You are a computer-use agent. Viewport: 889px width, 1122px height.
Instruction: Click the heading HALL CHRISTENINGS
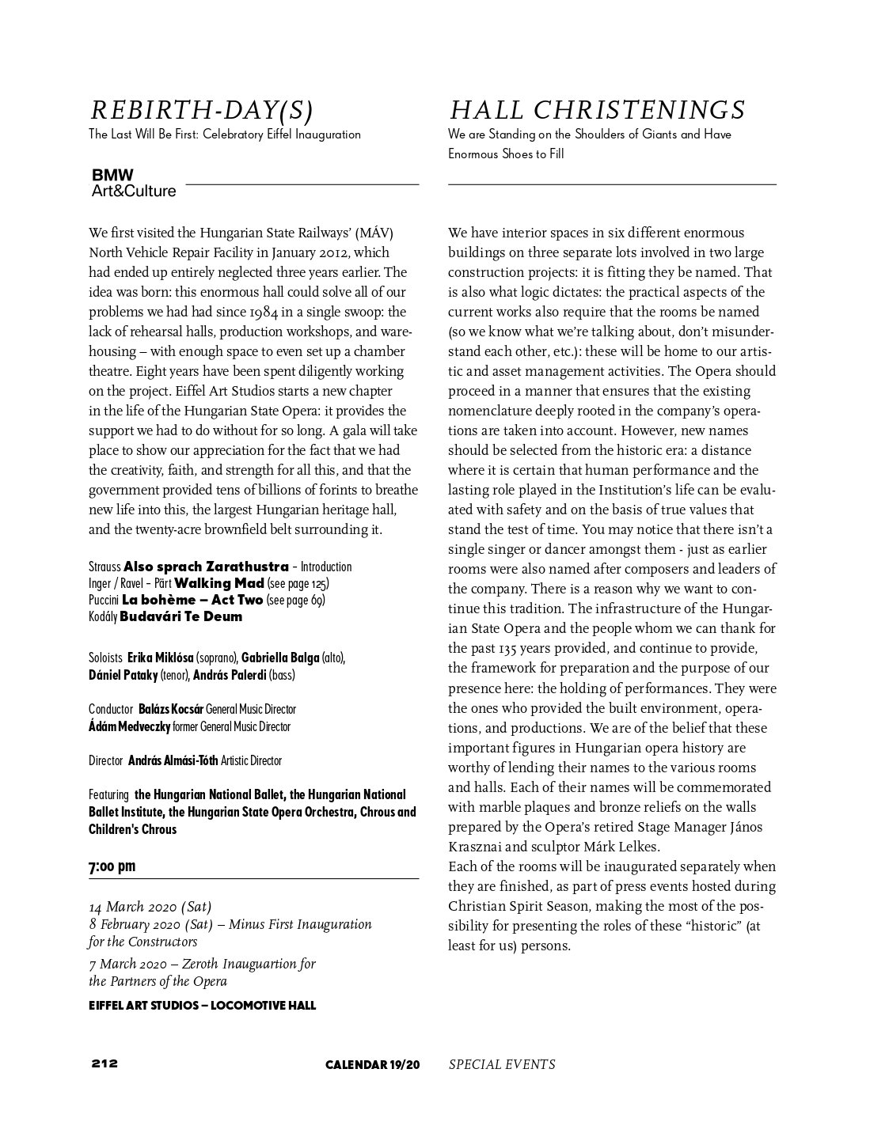click(x=597, y=110)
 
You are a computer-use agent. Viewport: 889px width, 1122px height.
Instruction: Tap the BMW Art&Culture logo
click(x=134, y=183)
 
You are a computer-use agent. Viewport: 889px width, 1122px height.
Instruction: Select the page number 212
click(x=104, y=1063)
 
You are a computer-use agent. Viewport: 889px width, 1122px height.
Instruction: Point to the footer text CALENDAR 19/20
click(x=372, y=1064)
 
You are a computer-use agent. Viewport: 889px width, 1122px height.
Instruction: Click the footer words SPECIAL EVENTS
click(x=502, y=1064)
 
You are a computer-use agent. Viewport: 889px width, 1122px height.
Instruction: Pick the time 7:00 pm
click(x=112, y=866)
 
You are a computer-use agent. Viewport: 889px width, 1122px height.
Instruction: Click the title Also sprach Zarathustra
click(x=207, y=567)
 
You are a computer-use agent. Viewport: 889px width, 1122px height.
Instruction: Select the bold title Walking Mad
click(x=219, y=583)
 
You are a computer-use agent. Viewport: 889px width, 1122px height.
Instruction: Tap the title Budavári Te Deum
click(x=181, y=616)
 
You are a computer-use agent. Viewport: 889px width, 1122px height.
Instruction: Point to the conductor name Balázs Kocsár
click(x=171, y=710)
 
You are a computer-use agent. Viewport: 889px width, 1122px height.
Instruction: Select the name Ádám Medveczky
click(x=129, y=726)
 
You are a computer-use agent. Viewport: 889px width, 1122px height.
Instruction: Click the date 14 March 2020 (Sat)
click(x=150, y=907)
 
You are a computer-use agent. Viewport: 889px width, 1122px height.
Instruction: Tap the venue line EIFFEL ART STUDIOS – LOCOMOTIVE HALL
click(x=202, y=1006)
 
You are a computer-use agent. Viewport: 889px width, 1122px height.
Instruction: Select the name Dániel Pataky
click(x=123, y=676)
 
